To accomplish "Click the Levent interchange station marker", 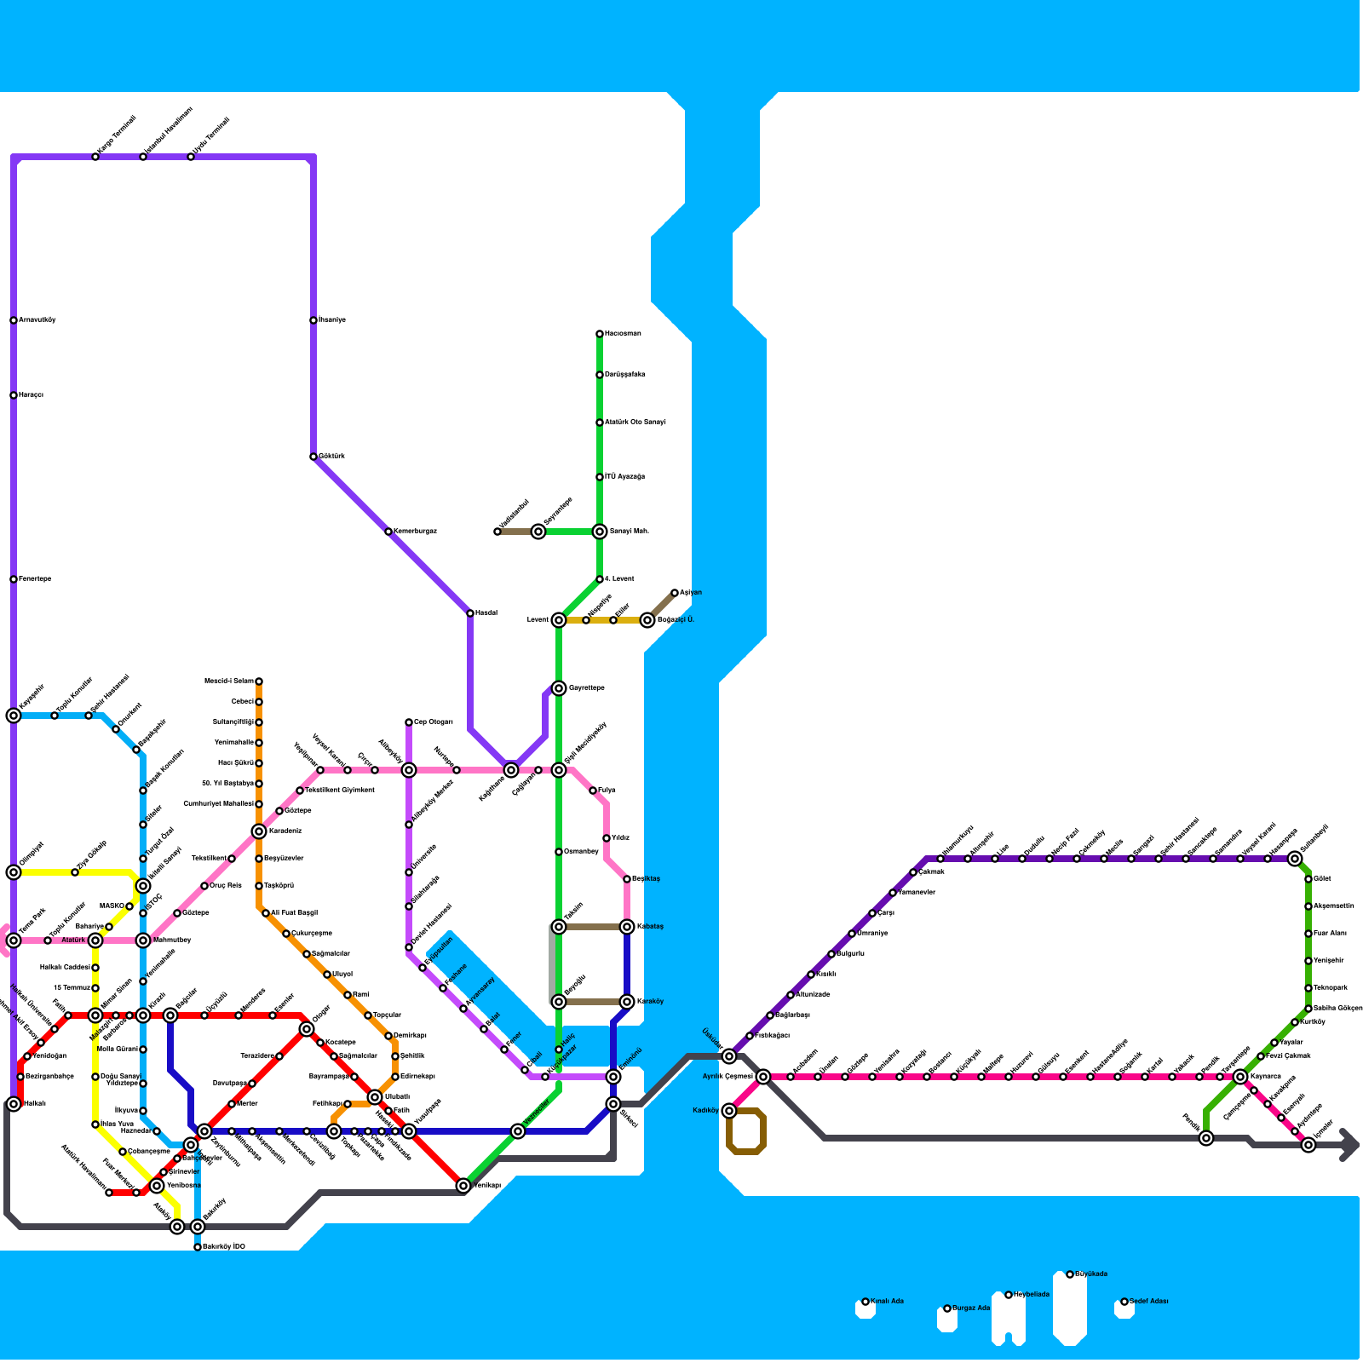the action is pos(559,620).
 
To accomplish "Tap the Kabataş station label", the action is pos(650,927).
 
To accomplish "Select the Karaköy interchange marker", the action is pos(627,1002).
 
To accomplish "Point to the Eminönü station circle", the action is pos(613,1077).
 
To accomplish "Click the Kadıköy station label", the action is pos(705,1111).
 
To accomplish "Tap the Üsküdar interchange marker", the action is pos(729,1056).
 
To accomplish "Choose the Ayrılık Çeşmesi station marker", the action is pos(763,1077).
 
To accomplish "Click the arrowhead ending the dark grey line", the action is pos(1350,1145).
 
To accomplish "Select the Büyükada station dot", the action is pos(1070,1274).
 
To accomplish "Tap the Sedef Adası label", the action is pos(1149,1302).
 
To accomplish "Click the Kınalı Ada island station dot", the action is pos(866,1302).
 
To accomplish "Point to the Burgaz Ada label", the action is pos(971,1308).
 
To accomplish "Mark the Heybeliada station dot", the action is pos(1009,1295).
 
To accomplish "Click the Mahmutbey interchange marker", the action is pos(143,940).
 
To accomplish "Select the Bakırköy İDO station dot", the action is pos(198,1247).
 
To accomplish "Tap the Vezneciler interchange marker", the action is pos(518,1131).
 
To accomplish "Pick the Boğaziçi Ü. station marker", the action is pos(647,620).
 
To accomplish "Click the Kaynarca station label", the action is pos(1266,1077).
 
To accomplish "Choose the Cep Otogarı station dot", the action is pos(409,722).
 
